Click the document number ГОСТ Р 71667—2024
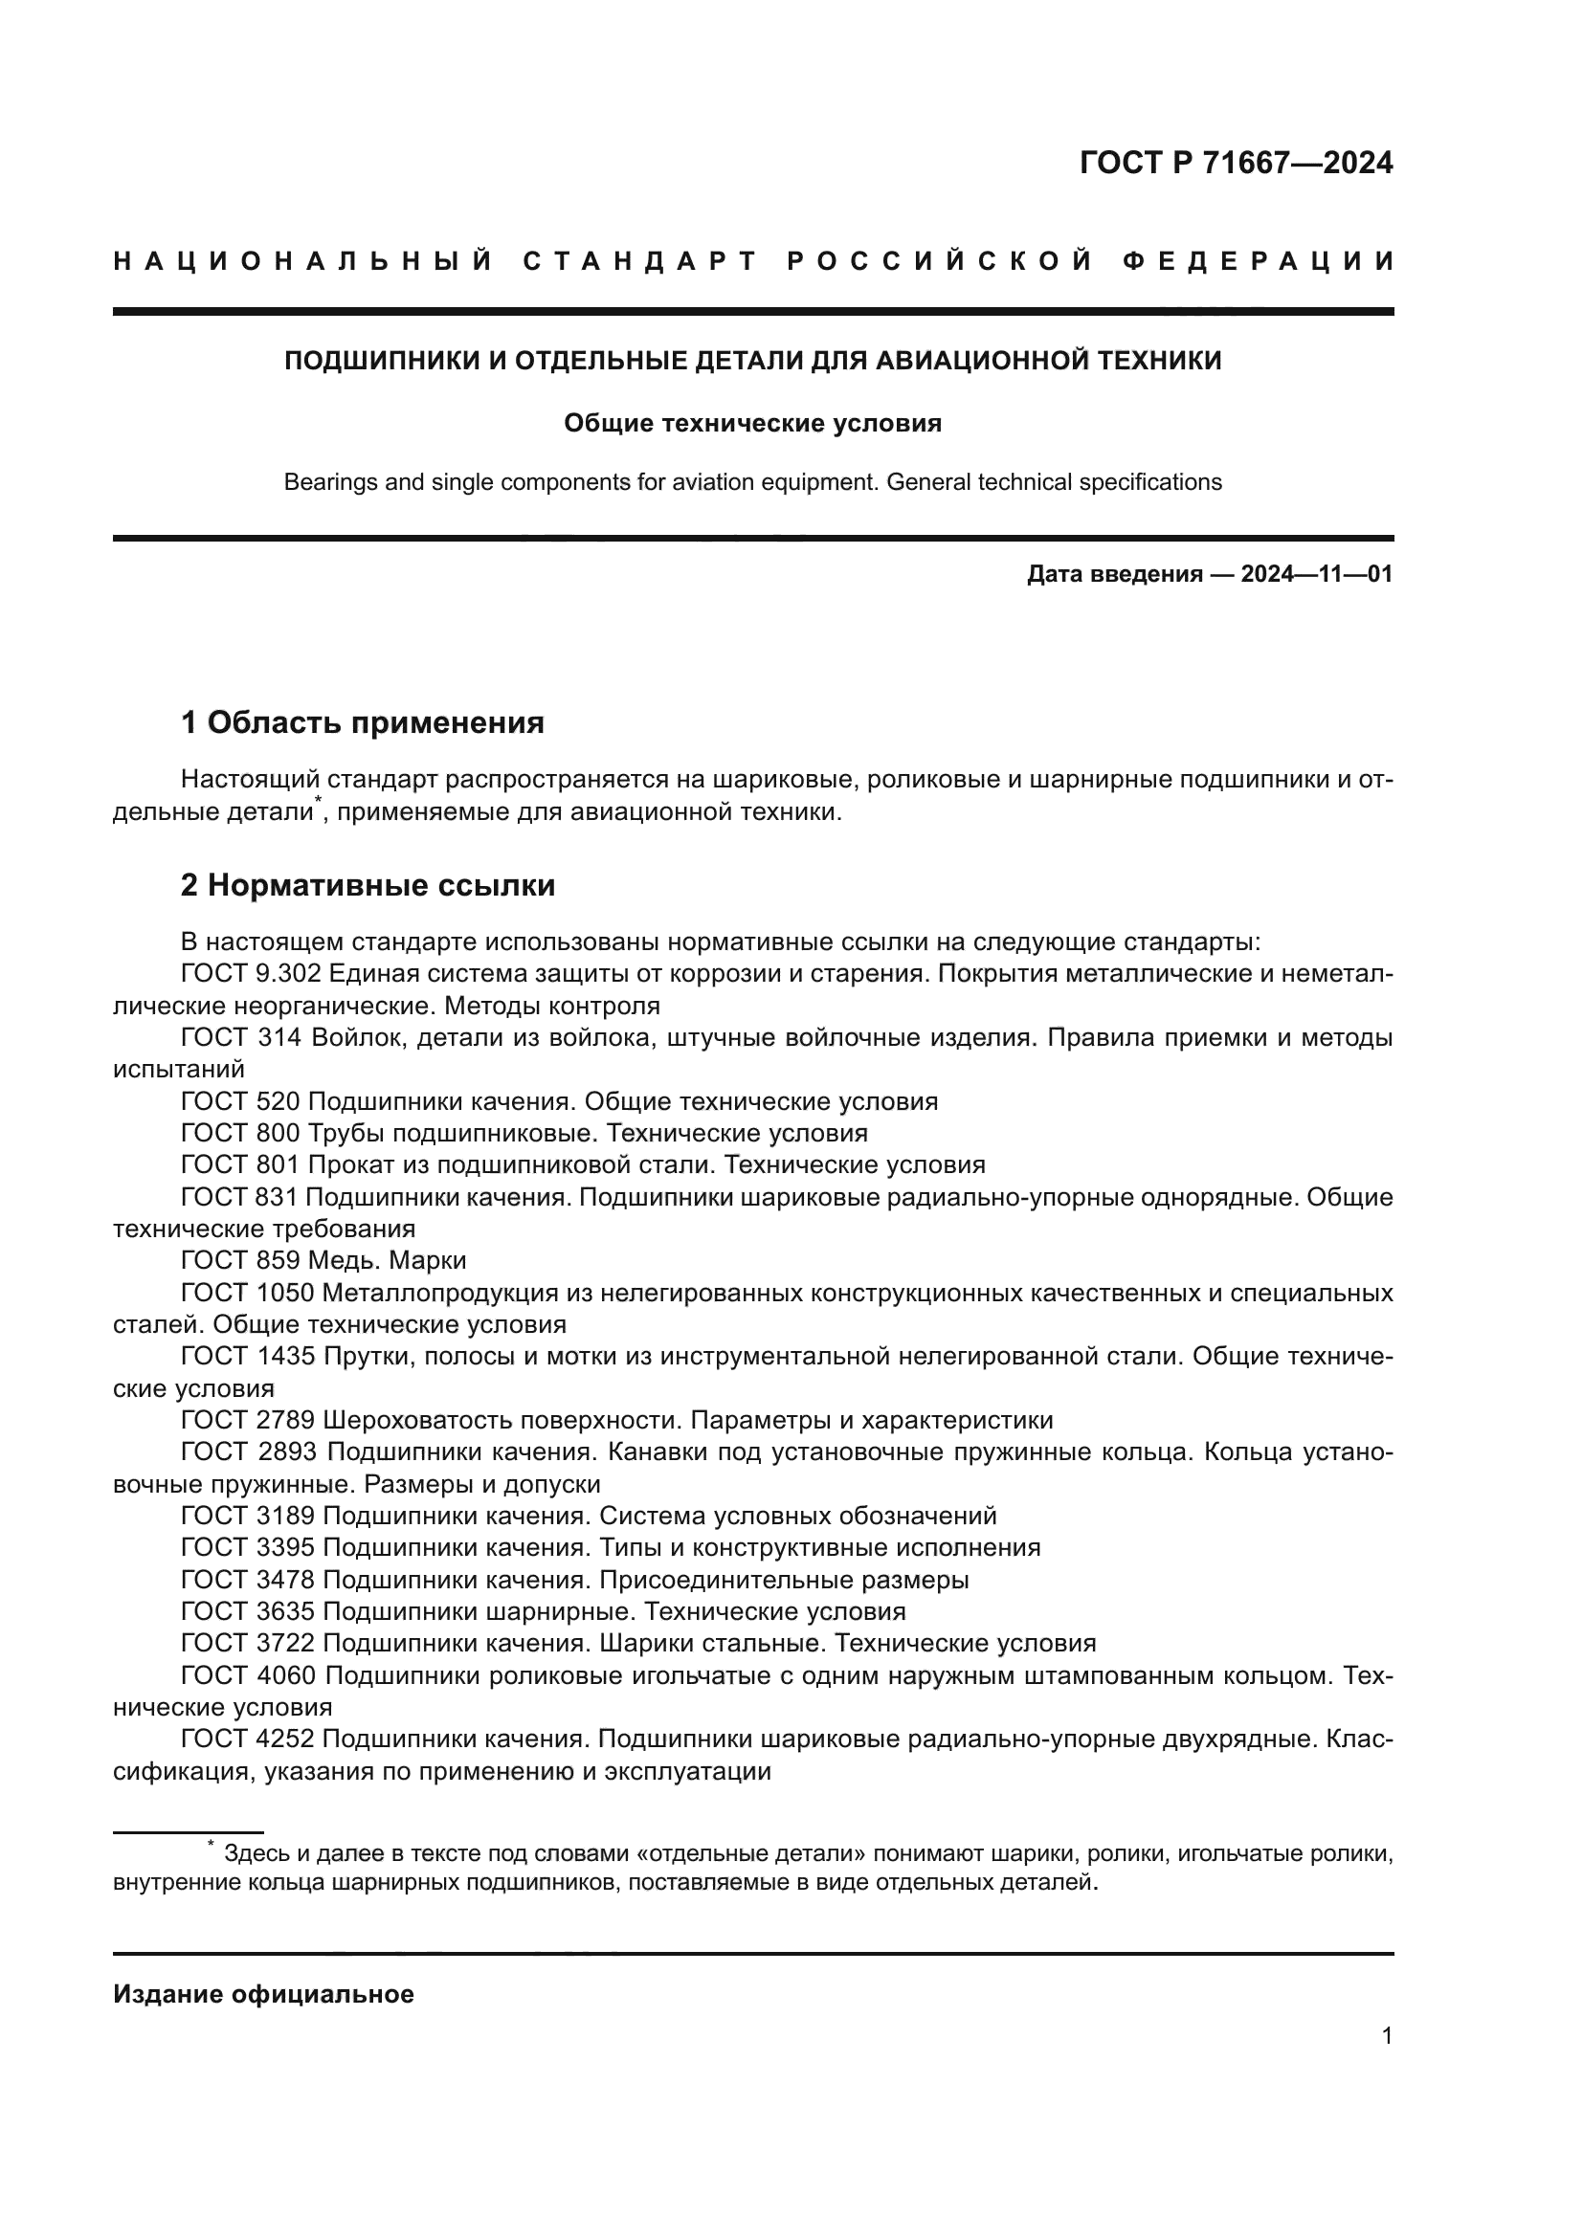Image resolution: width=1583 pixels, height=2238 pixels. point(1235,163)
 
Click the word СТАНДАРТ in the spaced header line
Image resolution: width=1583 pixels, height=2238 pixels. point(640,261)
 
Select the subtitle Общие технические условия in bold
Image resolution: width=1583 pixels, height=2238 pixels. point(752,423)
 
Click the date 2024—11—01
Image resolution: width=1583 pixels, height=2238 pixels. point(1316,574)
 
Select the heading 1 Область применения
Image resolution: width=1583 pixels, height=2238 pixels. point(362,723)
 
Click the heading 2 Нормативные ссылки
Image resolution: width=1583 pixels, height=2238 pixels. point(368,885)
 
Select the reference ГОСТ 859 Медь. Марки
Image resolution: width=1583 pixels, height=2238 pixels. point(323,1261)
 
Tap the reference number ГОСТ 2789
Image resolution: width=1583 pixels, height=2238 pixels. point(248,1420)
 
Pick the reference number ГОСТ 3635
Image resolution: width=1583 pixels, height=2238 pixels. point(248,1611)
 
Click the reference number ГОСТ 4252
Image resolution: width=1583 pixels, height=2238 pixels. point(248,1739)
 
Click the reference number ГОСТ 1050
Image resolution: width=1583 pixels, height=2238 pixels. point(248,1294)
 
